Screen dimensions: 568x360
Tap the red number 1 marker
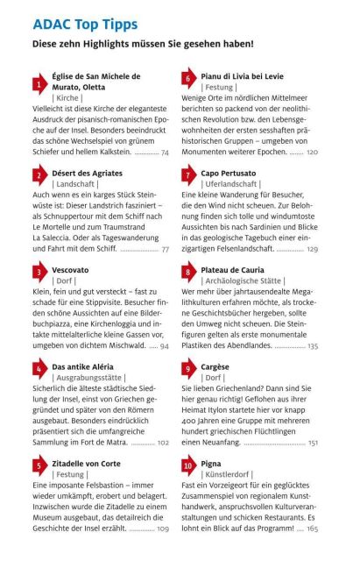(39, 85)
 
